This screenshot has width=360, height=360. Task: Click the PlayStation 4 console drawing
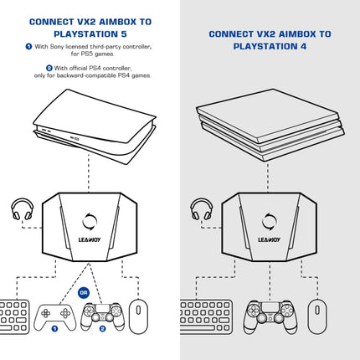(x=269, y=126)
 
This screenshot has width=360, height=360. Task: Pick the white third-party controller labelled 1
(x=54, y=316)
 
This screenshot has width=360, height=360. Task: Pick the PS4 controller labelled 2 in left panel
(x=101, y=316)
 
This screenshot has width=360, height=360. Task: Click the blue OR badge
(x=83, y=293)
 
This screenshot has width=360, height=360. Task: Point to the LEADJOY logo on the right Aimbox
(x=269, y=239)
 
